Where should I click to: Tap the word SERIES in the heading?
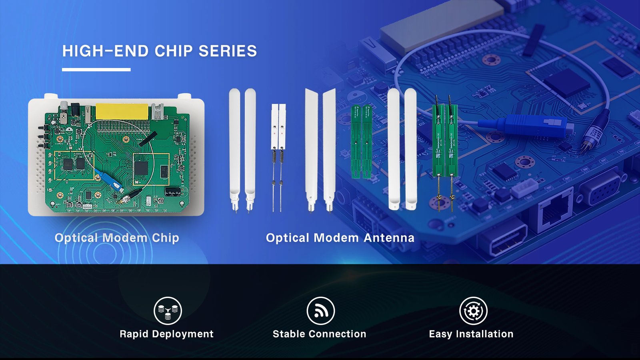click(228, 51)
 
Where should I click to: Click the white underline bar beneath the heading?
click(96, 70)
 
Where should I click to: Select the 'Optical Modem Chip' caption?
click(117, 238)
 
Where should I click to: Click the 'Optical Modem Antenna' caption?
click(340, 238)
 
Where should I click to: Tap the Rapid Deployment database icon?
click(168, 311)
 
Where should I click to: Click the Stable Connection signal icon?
click(320, 311)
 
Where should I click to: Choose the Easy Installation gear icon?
click(474, 311)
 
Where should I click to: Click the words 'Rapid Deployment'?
click(166, 334)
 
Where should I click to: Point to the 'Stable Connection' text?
click(320, 334)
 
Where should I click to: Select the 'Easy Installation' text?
click(471, 334)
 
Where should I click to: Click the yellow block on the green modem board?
click(122, 112)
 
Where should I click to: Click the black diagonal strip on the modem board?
click(148, 139)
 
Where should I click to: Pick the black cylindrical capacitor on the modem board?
click(173, 192)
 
